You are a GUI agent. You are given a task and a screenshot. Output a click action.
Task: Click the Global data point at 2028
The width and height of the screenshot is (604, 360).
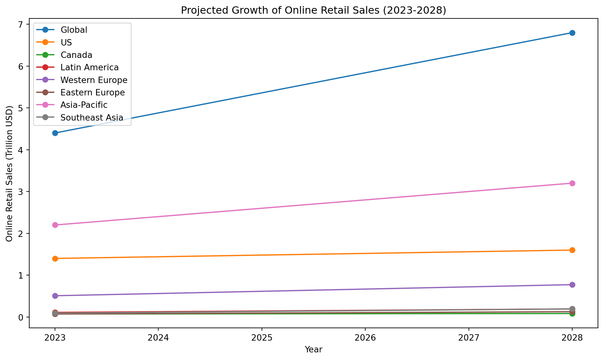click(x=572, y=33)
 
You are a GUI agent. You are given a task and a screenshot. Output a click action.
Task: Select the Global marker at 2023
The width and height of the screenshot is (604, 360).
click(x=55, y=133)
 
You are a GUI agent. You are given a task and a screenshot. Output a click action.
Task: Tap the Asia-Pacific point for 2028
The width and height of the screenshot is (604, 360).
click(x=572, y=183)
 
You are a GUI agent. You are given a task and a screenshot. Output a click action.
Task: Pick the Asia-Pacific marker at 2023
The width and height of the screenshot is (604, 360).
click(x=55, y=225)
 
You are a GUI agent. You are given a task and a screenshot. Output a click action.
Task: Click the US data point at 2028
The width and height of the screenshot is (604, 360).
click(x=572, y=250)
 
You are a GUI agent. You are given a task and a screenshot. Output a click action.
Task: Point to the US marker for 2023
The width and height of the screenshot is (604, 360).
click(x=55, y=259)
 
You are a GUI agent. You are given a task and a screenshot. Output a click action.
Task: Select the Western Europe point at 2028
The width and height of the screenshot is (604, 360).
click(x=572, y=285)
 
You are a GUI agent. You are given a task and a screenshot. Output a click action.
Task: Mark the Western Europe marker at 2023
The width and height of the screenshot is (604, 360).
click(x=55, y=296)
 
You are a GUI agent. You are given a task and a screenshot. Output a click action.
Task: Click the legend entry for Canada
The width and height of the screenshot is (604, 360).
click(x=76, y=55)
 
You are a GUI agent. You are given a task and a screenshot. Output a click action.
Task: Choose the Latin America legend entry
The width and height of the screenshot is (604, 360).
click(x=89, y=67)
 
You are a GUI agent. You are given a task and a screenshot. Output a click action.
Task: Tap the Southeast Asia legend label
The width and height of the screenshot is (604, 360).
click(x=92, y=118)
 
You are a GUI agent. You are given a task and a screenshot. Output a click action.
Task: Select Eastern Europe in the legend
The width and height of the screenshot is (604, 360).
click(x=93, y=93)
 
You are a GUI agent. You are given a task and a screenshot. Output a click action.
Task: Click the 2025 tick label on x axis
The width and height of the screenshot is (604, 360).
click(x=262, y=337)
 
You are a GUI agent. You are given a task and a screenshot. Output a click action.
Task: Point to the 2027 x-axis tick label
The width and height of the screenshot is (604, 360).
click(x=469, y=337)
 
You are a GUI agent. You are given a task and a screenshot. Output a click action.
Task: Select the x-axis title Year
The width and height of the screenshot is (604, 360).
click(x=313, y=350)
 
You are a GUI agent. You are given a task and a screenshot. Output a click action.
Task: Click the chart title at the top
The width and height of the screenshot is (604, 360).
click(x=313, y=10)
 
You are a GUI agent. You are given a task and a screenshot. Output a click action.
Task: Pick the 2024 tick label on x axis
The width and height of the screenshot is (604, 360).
click(x=158, y=337)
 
